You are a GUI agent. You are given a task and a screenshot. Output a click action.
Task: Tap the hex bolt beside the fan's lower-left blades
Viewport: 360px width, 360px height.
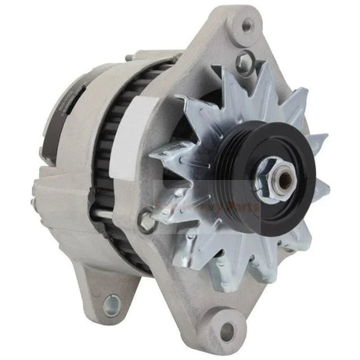(x=147, y=222)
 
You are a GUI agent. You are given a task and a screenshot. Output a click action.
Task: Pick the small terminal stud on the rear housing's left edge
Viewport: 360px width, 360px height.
(x=34, y=200)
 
